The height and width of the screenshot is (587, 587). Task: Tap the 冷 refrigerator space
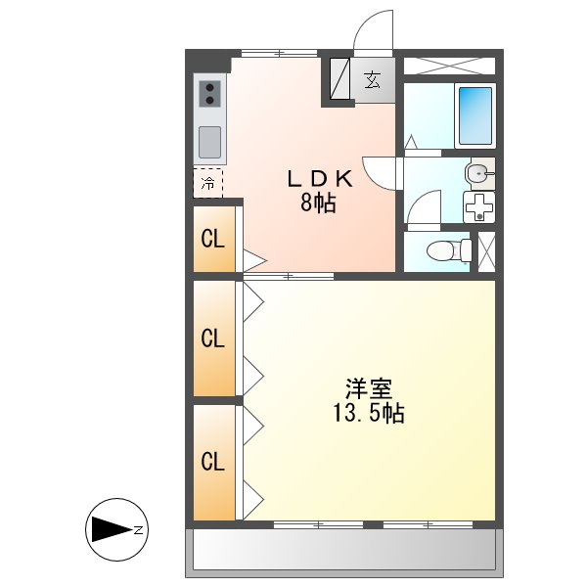pyautogui.click(x=207, y=183)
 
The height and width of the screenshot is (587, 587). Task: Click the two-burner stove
pyautogui.click(x=211, y=94)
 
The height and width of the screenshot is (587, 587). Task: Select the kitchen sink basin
pyautogui.click(x=211, y=142)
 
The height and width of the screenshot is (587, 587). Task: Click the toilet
pyautogui.click(x=448, y=249)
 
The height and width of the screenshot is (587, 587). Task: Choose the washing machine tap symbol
pyautogui.click(x=478, y=208)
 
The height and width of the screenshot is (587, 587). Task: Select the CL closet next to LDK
pyautogui.click(x=213, y=238)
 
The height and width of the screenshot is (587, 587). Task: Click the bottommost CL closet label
pyautogui.click(x=213, y=461)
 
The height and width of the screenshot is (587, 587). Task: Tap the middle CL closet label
pyautogui.click(x=213, y=339)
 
